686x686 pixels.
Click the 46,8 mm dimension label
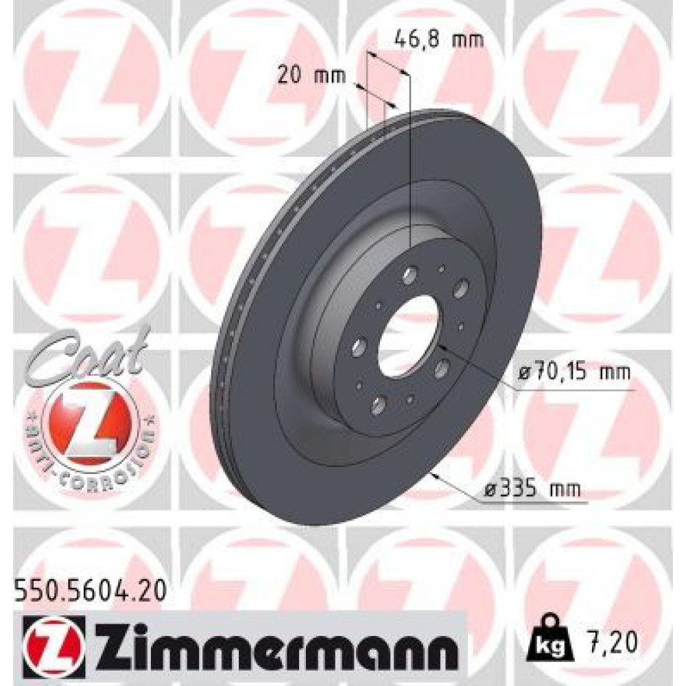(439, 40)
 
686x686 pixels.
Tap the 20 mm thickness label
(312, 75)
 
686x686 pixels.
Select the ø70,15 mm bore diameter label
(573, 372)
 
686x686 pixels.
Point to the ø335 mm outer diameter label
(532, 488)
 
